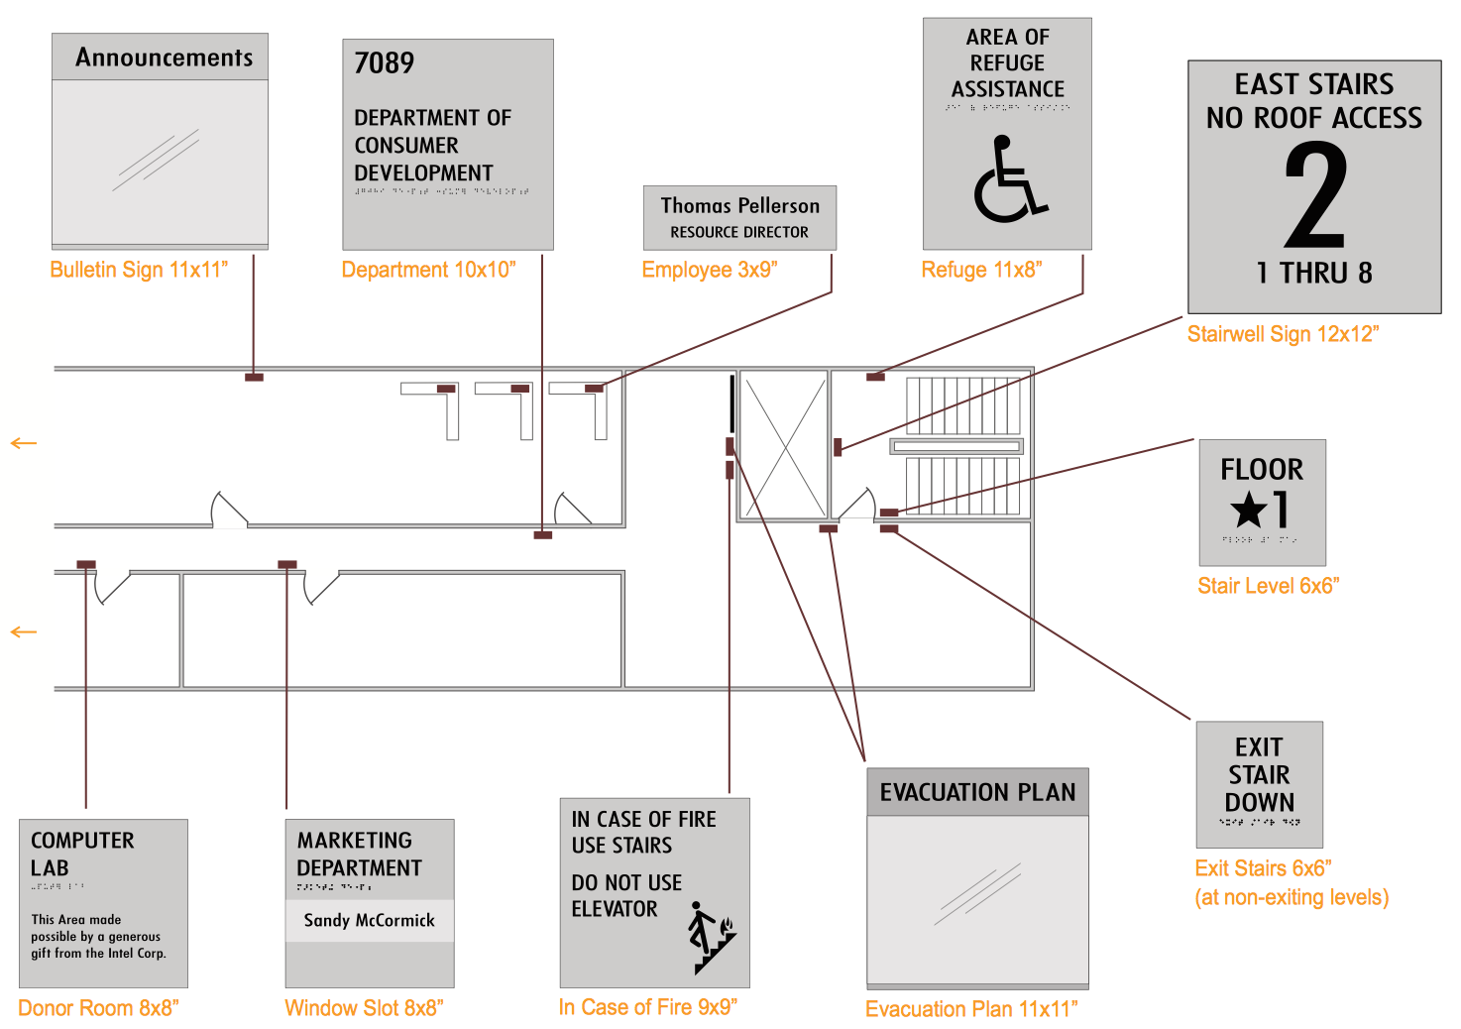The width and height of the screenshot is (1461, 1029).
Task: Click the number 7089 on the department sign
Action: tap(385, 63)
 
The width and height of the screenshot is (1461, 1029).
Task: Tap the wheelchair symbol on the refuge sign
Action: tap(1009, 180)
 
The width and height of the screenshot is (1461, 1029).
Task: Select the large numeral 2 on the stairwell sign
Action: tap(1315, 195)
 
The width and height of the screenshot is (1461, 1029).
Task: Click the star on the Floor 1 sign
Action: tap(1248, 511)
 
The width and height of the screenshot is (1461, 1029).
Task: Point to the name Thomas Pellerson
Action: tap(740, 206)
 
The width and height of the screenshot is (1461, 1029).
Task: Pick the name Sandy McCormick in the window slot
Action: tap(369, 920)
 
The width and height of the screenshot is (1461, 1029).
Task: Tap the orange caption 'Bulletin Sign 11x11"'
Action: tap(139, 270)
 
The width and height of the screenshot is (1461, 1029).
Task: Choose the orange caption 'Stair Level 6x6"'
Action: tap(1268, 586)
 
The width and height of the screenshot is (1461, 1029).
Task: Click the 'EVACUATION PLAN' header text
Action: tap(977, 792)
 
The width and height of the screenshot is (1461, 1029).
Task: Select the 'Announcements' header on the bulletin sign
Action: tap(164, 57)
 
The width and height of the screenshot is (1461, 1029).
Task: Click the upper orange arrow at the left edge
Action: tap(24, 443)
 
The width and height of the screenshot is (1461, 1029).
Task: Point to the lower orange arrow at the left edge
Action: tap(24, 632)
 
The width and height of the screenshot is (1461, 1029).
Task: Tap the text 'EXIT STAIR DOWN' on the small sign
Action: tap(1259, 774)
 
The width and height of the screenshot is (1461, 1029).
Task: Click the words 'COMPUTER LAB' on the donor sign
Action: tap(81, 854)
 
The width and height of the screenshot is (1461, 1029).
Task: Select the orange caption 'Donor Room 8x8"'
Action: tap(98, 1008)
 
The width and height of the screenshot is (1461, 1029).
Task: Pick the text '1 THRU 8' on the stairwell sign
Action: tap(1314, 274)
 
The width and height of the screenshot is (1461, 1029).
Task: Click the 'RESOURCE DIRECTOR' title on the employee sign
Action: tap(739, 232)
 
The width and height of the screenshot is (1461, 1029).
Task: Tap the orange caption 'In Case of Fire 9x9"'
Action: tap(648, 1007)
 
